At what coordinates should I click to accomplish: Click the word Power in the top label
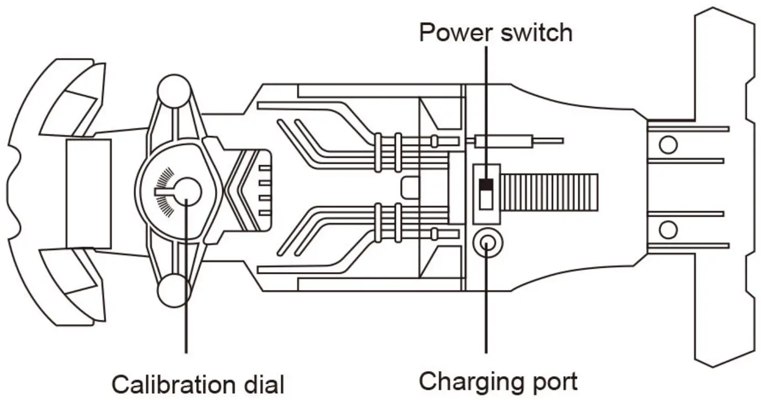[454, 33]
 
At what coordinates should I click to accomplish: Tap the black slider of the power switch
[486, 184]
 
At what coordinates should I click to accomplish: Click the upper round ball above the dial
[174, 90]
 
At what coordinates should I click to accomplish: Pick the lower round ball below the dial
[174, 290]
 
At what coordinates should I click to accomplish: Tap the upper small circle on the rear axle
[668, 145]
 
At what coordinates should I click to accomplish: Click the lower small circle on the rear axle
[668, 228]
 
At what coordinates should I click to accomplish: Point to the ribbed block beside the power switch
[549, 192]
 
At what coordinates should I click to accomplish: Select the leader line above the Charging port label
[486, 310]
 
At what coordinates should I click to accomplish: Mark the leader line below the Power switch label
[486, 105]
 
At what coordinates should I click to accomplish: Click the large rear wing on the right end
[724, 188]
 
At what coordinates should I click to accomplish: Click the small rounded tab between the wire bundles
[410, 187]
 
